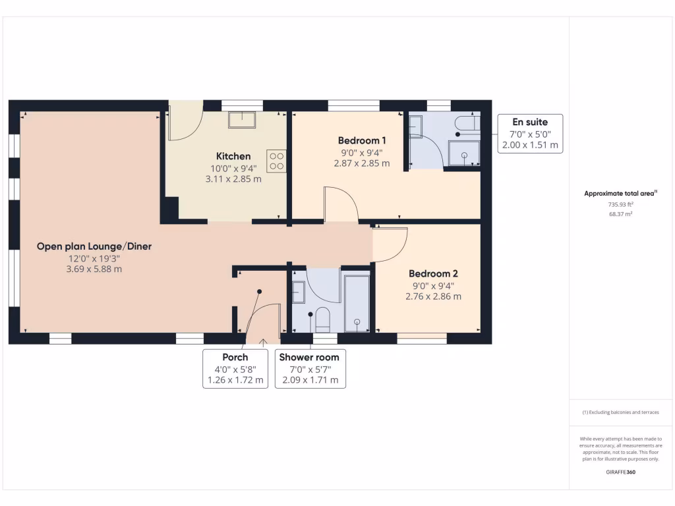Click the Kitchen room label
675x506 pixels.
233,156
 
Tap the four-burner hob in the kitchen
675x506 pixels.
276,161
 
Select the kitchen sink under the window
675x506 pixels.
242,119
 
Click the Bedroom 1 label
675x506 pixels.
362,140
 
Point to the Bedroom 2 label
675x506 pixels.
433,273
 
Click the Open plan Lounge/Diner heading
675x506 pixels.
94,246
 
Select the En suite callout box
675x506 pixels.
529,134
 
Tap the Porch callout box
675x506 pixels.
235,369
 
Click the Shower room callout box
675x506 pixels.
310,369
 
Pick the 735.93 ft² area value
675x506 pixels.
620,204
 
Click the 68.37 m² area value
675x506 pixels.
620,214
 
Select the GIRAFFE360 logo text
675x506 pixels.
620,472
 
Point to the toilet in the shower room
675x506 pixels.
322,319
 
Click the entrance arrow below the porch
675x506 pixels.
264,341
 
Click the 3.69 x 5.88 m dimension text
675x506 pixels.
94,269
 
